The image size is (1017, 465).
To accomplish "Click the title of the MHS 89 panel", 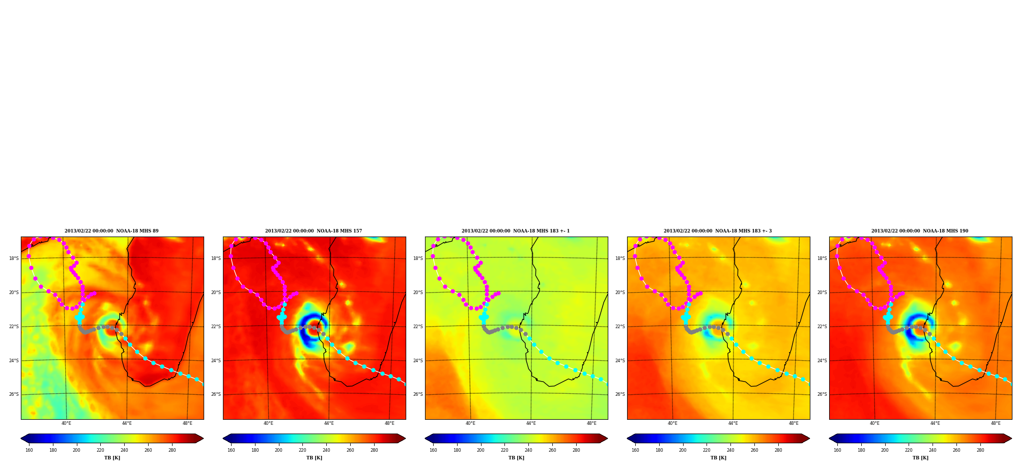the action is tap(111, 231).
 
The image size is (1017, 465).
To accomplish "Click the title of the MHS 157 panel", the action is tap(314, 231).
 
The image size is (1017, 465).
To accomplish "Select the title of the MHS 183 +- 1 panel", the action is tap(516, 231).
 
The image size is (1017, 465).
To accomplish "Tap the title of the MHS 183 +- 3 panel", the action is tap(718, 231).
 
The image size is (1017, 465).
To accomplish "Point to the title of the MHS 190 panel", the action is tap(920, 231).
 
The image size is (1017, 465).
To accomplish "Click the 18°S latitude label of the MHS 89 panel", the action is tap(14, 258).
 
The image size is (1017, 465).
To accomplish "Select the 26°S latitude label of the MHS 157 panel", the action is tap(216, 394).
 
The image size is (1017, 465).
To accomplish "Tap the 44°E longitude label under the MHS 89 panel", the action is tap(127, 423).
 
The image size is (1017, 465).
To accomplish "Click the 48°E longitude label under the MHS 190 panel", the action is tap(996, 423).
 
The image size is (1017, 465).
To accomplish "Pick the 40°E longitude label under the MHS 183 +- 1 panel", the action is tap(470, 423).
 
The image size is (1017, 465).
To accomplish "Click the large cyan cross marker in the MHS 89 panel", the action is tap(79, 317).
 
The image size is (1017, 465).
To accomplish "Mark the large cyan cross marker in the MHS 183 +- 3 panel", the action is tap(686, 317).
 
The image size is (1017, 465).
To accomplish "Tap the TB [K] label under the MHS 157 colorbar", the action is tap(314, 458).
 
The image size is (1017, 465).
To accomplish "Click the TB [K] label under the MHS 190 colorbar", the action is tap(920, 458).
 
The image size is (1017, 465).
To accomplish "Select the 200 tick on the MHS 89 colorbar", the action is tap(76, 450).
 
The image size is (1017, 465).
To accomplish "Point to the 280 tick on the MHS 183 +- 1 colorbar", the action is tap(576, 450).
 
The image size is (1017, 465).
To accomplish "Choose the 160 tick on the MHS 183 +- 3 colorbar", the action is tap(635, 450).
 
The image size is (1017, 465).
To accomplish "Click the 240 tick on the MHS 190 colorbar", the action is tap(933, 450).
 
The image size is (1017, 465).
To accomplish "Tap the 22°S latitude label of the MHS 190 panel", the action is tap(822, 327).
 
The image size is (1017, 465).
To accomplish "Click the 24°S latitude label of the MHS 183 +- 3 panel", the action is tap(620, 361).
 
